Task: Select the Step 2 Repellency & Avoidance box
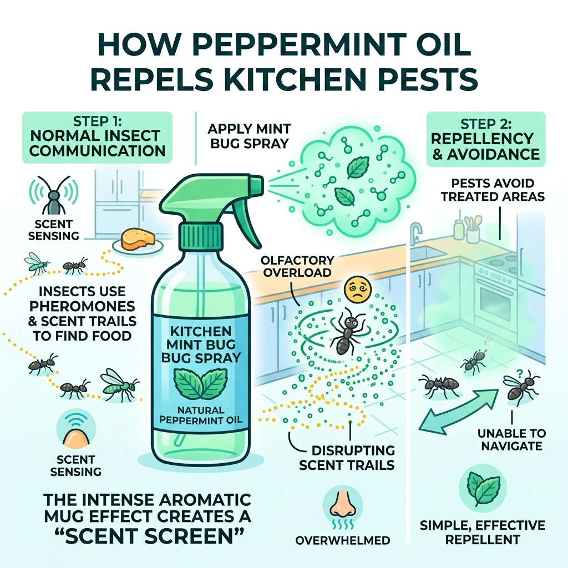coord(486,139)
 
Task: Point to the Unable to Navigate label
coord(511,439)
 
